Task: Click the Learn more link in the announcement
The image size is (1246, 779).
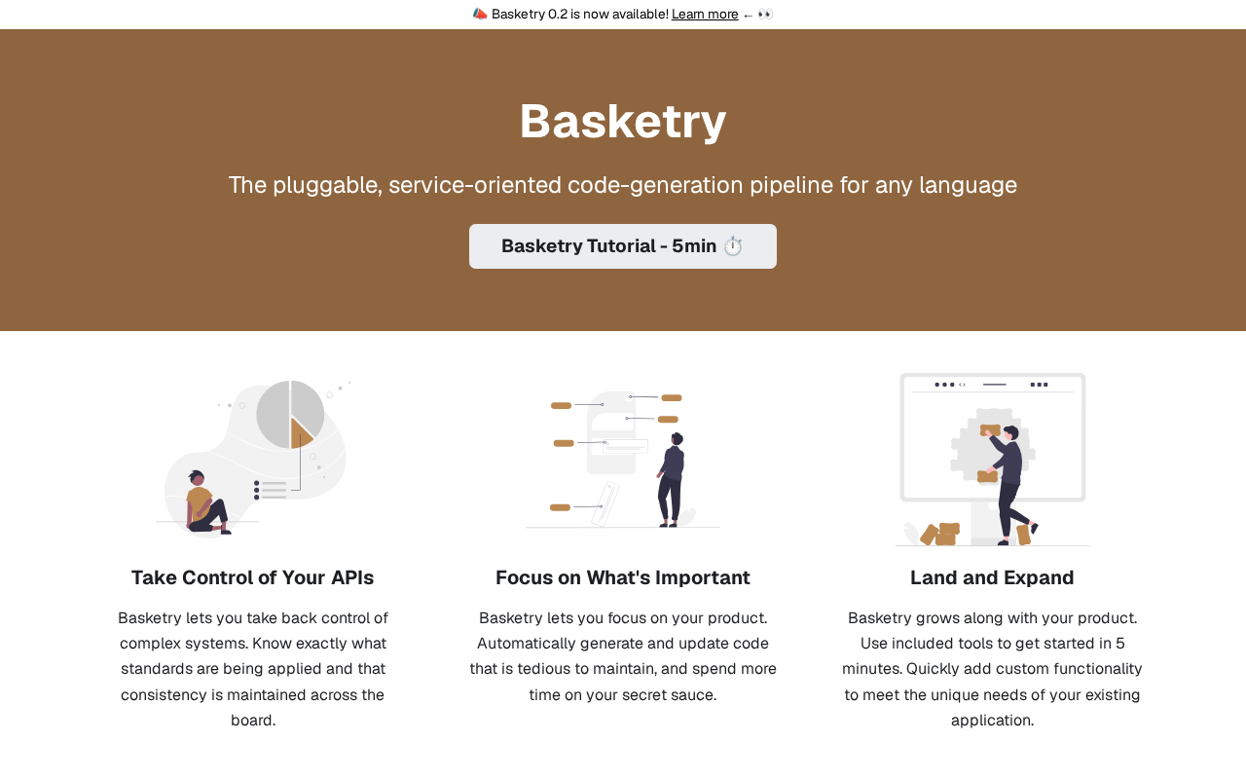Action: (x=705, y=14)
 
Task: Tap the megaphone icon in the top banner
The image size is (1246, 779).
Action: (x=480, y=14)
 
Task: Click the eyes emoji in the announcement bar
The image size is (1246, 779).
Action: (x=765, y=14)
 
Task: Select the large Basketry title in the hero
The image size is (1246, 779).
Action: (x=623, y=121)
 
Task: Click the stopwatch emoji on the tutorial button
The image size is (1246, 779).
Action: (x=733, y=246)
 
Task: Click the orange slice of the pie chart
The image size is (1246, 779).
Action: (x=301, y=434)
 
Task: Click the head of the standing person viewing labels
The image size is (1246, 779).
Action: (x=677, y=438)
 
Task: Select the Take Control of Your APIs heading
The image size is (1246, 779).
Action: (x=252, y=577)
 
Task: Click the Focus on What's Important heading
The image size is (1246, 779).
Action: (x=623, y=577)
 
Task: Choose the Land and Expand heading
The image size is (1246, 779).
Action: (x=992, y=577)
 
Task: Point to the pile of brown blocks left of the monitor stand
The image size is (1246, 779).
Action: (x=940, y=534)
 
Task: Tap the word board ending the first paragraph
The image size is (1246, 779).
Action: (x=253, y=721)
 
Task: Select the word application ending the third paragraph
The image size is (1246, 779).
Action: (x=992, y=721)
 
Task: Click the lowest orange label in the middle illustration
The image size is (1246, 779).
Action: (x=560, y=507)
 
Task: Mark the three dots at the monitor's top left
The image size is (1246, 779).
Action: (x=944, y=385)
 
